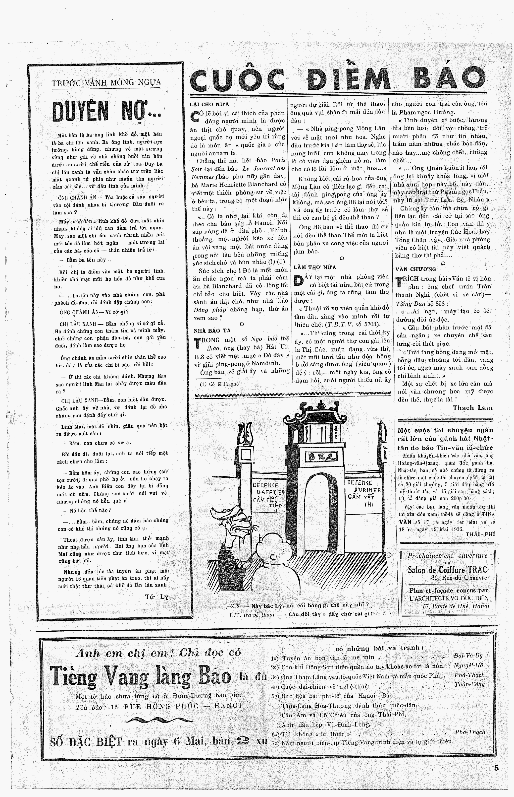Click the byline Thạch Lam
[x=473, y=407]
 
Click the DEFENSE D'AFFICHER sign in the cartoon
[x=268, y=495]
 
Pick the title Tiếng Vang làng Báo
[x=140, y=677]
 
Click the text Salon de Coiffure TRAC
[x=447, y=570]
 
